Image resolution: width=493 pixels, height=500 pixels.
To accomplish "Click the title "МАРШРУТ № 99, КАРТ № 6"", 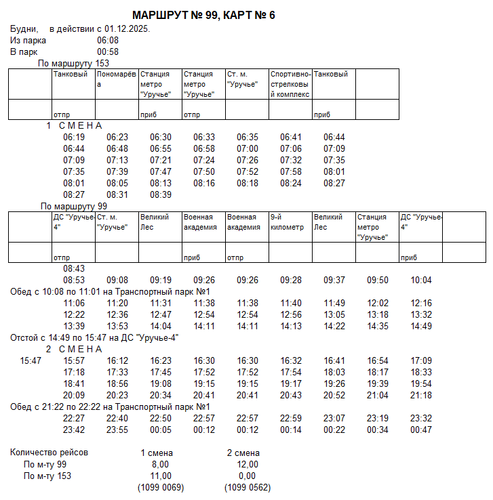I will (x=203, y=15).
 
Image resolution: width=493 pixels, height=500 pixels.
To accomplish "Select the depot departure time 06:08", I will (x=108, y=41).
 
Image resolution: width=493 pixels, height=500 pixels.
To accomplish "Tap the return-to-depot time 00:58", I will (x=108, y=51).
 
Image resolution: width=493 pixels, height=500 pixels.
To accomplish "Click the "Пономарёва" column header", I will (x=117, y=79).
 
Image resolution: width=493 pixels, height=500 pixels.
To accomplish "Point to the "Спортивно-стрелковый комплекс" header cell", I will (x=290, y=84).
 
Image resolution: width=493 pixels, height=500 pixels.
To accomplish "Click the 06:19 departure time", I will (x=74, y=137).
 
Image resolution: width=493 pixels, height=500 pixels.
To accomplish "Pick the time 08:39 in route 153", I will (x=161, y=194).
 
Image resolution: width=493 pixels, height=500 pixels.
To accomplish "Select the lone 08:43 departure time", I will (x=74, y=269).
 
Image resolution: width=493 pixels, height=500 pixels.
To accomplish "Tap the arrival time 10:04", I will (x=421, y=280).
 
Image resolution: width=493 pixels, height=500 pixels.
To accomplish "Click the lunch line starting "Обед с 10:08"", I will (x=122, y=291).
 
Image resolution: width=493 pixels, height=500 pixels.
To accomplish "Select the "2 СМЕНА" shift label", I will (x=74, y=349).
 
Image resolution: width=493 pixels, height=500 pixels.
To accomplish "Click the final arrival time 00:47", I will (x=421, y=430).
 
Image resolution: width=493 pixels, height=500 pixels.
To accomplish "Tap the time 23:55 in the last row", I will (x=117, y=430).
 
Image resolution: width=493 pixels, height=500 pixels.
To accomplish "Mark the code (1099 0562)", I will (x=248, y=487).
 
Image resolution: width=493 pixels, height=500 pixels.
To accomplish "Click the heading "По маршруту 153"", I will (x=73, y=63).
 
